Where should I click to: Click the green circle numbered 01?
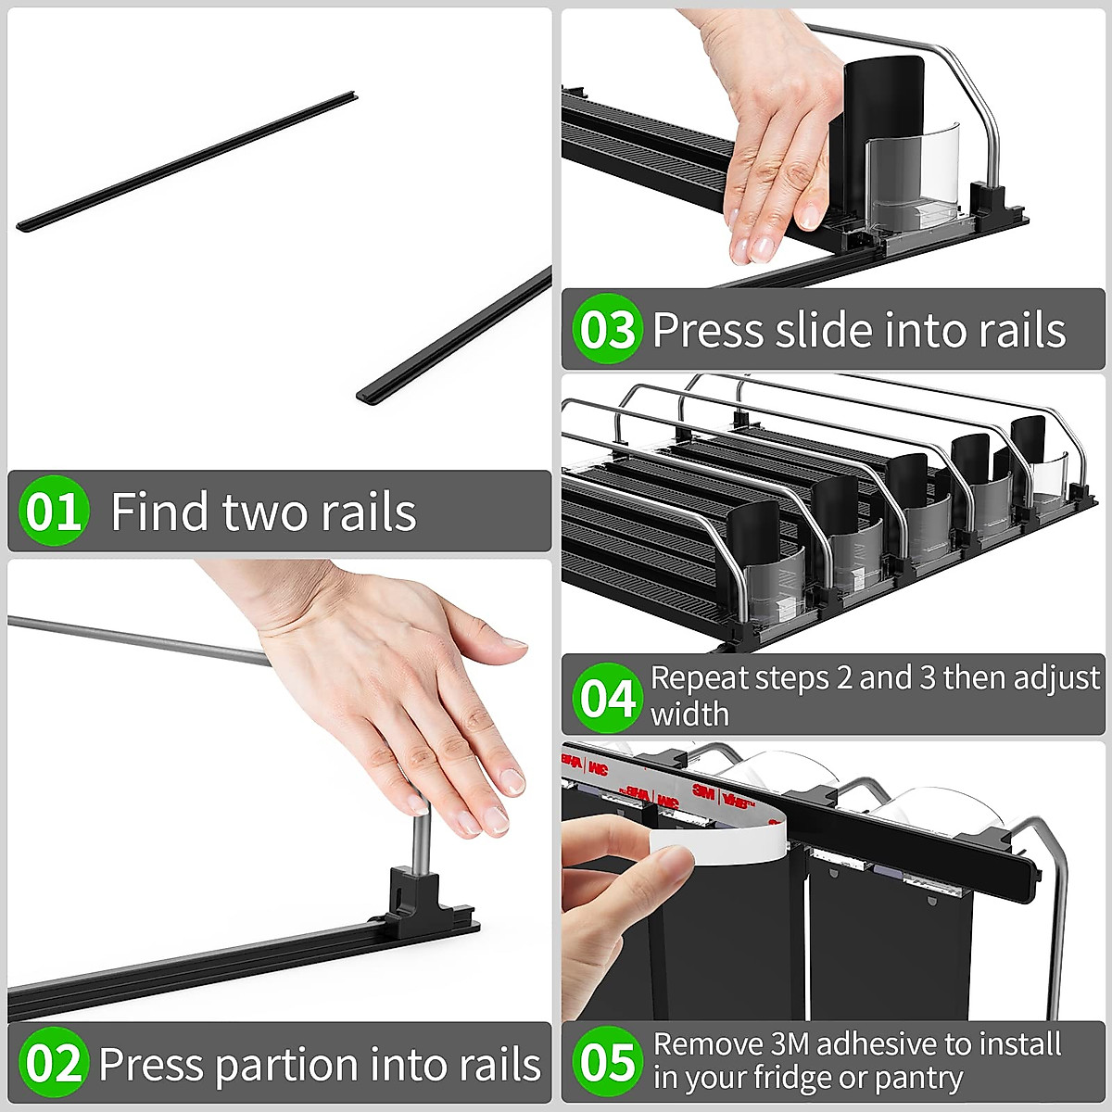coord(54,511)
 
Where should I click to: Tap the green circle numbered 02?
coord(54,1062)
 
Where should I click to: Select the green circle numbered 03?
coord(607,329)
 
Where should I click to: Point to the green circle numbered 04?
coord(607,698)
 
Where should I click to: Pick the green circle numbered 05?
coord(607,1061)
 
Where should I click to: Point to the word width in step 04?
coord(689,714)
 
